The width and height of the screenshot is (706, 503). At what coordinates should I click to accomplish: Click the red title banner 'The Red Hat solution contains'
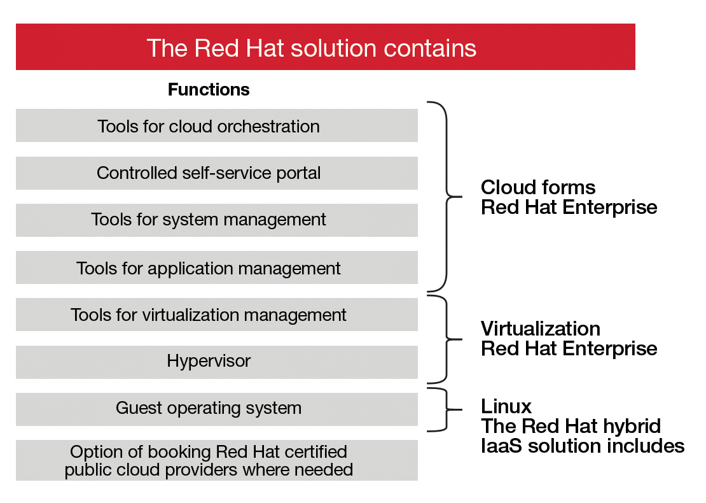coord(325,47)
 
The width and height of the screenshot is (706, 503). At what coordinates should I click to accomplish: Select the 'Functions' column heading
coord(209,90)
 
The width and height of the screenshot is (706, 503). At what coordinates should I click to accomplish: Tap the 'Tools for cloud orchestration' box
coord(216,125)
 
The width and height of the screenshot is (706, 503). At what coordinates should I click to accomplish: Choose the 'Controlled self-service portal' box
coord(216,173)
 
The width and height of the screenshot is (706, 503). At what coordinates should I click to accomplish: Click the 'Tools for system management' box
coord(216,220)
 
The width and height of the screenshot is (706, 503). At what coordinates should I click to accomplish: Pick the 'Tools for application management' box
coord(216,267)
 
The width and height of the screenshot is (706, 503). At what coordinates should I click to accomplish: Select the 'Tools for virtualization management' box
coord(216,315)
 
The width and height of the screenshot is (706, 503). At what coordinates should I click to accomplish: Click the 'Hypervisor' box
coord(216,362)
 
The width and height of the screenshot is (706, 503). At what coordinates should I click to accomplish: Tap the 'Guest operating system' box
coord(216,409)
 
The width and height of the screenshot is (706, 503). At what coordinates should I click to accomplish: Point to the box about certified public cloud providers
coord(216,460)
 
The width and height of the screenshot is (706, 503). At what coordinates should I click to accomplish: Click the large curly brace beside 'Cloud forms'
coord(446,196)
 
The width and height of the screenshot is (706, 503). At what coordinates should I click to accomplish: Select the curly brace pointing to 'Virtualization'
coord(446,338)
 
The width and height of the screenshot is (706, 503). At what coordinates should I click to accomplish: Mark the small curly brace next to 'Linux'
coord(445,409)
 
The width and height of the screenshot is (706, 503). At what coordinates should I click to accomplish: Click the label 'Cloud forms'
coord(538,187)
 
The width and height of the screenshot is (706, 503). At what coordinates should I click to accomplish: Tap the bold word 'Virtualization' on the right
coord(540,329)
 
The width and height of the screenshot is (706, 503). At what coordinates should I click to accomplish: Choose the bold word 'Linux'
coord(506,406)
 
